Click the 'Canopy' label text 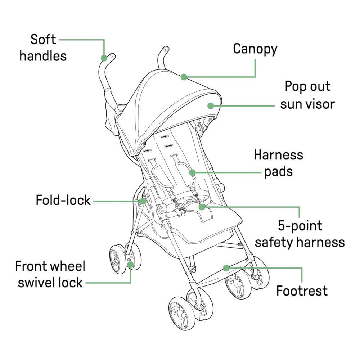pyautogui.click(x=255, y=49)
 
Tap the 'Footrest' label pyautogui.click(x=302, y=290)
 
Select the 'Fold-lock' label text pyautogui.click(x=63, y=200)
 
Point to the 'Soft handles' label pyautogui.click(x=43, y=48)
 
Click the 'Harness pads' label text pyautogui.click(x=278, y=163)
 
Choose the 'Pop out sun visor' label pyautogui.click(x=307, y=95)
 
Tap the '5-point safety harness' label pyautogui.click(x=300, y=234)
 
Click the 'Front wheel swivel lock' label pyautogui.click(x=50, y=274)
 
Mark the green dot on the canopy pyautogui.click(x=184, y=77)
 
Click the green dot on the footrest pyautogui.click(x=226, y=268)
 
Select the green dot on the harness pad pyautogui.click(x=192, y=172)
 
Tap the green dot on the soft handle pyautogui.click(x=104, y=58)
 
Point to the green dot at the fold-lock pyautogui.click(x=143, y=201)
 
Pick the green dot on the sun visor pyautogui.click(x=211, y=105)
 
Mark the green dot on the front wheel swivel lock pyautogui.click(x=130, y=265)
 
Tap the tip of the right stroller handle pyautogui.click(x=166, y=48)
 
